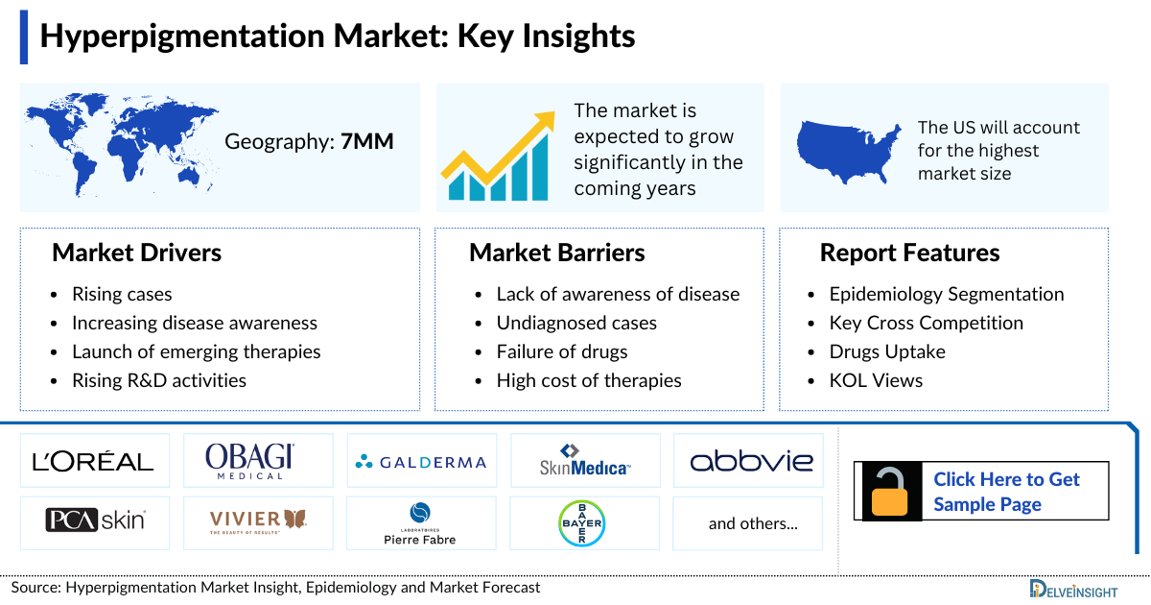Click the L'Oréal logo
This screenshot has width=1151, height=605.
[x=93, y=462]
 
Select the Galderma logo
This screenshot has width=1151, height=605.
[x=421, y=462]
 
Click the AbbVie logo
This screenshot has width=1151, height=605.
[x=751, y=462]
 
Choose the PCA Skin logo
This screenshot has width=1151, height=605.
[x=95, y=520]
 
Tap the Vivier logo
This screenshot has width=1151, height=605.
[x=258, y=520]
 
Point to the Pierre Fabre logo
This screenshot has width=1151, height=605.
[x=420, y=523]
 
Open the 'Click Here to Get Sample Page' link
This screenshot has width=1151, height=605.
[x=1006, y=492]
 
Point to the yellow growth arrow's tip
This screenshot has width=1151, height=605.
[x=547, y=117]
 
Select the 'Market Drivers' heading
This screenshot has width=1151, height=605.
[x=136, y=253]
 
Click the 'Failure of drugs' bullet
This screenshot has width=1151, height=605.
[x=561, y=351]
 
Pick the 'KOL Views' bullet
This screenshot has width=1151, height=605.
[x=876, y=380]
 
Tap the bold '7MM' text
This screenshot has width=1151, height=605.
[x=367, y=142]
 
